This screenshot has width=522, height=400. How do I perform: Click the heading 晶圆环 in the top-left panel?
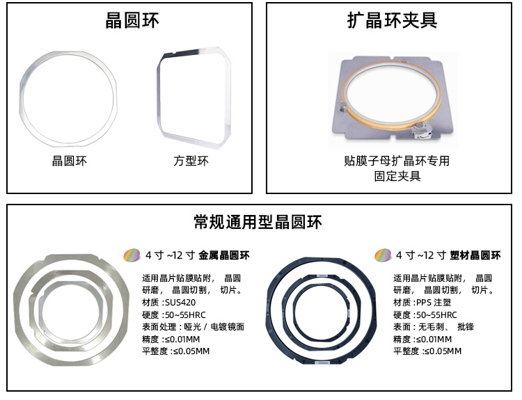pos(132,20)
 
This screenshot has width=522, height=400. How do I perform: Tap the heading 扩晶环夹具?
pos(392,20)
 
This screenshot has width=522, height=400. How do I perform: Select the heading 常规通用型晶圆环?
pos(258,222)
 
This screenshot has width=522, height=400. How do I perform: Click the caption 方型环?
pos(191,161)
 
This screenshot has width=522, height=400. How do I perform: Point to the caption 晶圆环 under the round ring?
pos(69,161)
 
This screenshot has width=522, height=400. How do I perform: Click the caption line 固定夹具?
pos(397,176)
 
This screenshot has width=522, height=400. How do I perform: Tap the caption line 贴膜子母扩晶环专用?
pos(397,161)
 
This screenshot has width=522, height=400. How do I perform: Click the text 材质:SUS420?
pos(169,302)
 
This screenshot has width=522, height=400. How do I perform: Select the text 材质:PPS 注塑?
pos(422,302)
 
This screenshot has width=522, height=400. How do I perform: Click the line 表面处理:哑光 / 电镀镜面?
pos(193,327)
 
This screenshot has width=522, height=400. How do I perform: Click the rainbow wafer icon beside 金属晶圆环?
pos(132,255)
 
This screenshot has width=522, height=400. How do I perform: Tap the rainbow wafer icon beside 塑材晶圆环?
pos(383,255)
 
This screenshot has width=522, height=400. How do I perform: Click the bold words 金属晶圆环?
pos(223,255)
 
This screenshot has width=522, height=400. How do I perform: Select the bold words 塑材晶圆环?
pos(475,255)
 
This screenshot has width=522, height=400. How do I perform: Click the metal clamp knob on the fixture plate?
pos(420,131)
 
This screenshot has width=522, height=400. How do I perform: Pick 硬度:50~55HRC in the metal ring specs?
pos(174,314)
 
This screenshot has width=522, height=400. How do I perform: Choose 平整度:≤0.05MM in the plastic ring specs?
pos(427,351)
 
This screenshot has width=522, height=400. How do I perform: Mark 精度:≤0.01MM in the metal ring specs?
pos(171,339)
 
